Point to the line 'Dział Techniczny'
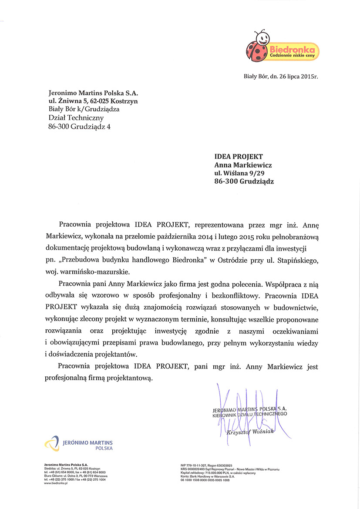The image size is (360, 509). pos(77,118)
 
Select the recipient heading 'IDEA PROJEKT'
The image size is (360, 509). pos(239,157)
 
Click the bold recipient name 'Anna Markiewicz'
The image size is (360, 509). pos(243,165)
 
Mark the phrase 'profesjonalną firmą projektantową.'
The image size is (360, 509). pos(99,379)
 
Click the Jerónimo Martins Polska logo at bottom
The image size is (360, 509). pos(78,444)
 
